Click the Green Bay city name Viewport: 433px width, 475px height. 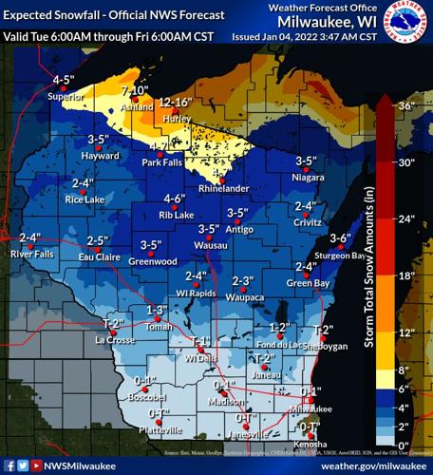[x=308, y=282]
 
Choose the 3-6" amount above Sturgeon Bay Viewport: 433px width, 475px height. [x=340, y=237]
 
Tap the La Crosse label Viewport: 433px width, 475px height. [x=112, y=339]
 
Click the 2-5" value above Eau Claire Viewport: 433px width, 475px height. [x=96, y=240]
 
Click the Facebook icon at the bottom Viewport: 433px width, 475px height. [x=9, y=465]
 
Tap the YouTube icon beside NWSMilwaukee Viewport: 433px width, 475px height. [x=36, y=465]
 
